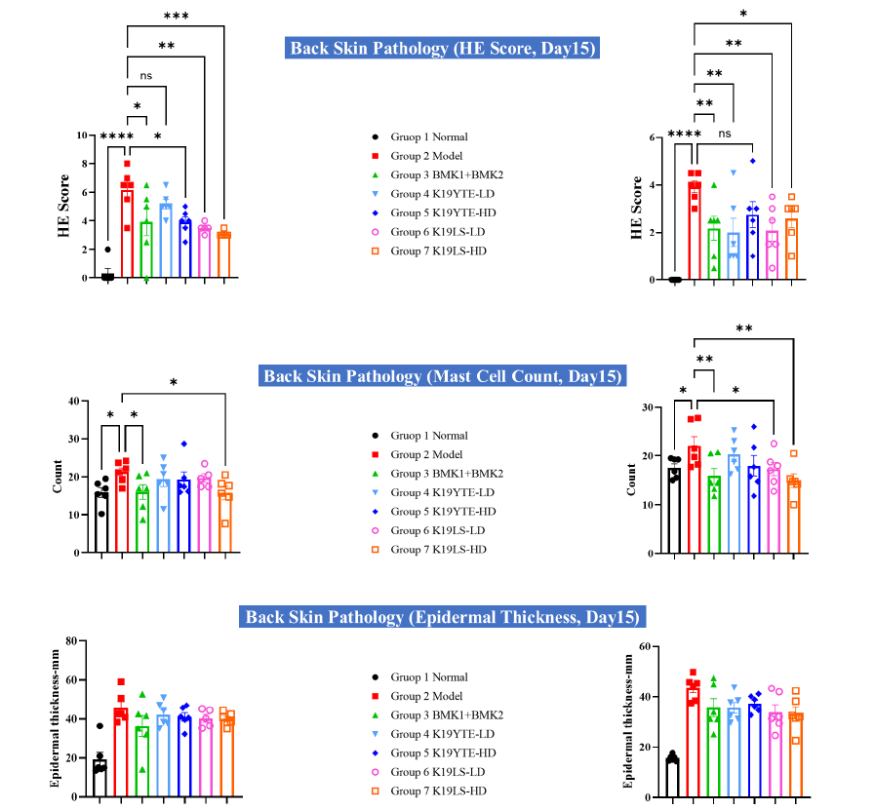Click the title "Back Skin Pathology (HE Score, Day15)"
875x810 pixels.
coord(443,48)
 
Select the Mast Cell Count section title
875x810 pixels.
coord(444,376)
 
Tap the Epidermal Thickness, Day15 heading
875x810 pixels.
coord(444,617)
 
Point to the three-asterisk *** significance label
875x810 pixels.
coord(177,16)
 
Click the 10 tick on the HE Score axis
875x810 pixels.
coord(84,135)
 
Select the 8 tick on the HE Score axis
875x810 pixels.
coord(87,164)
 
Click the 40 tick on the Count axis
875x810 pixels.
coord(71,401)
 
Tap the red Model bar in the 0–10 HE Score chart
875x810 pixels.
coord(127,234)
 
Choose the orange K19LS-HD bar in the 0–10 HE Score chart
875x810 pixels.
coord(224,255)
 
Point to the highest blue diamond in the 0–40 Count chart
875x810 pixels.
coord(183,444)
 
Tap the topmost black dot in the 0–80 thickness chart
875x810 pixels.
coord(100,726)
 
